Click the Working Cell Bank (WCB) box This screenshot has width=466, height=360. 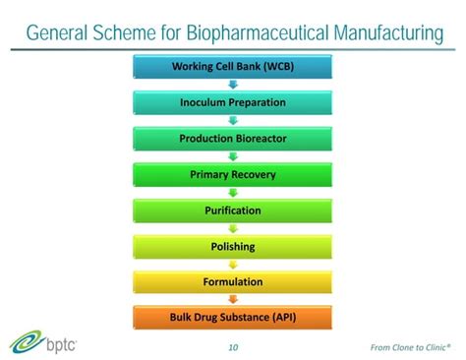click(233, 67)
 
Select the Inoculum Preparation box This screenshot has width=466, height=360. click(233, 102)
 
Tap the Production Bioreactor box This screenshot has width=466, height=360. click(233, 139)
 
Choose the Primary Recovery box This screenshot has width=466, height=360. click(233, 175)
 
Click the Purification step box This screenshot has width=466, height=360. click(233, 210)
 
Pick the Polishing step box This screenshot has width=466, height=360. click(233, 246)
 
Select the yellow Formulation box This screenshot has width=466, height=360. click(233, 282)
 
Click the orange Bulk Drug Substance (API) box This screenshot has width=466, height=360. click(233, 318)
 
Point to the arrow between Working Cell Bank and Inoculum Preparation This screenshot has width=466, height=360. click(233, 85)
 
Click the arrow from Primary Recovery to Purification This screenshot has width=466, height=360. click(233, 193)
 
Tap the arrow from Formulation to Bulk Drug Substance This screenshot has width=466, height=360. click(233, 300)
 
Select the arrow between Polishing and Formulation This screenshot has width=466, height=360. click(233, 265)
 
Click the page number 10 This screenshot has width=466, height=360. click(233, 346)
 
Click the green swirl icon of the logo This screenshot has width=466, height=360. click(23, 343)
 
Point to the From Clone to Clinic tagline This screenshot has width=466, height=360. click(412, 346)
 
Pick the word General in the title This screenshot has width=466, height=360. click(61, 33)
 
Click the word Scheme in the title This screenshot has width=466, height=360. click(136, 33)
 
